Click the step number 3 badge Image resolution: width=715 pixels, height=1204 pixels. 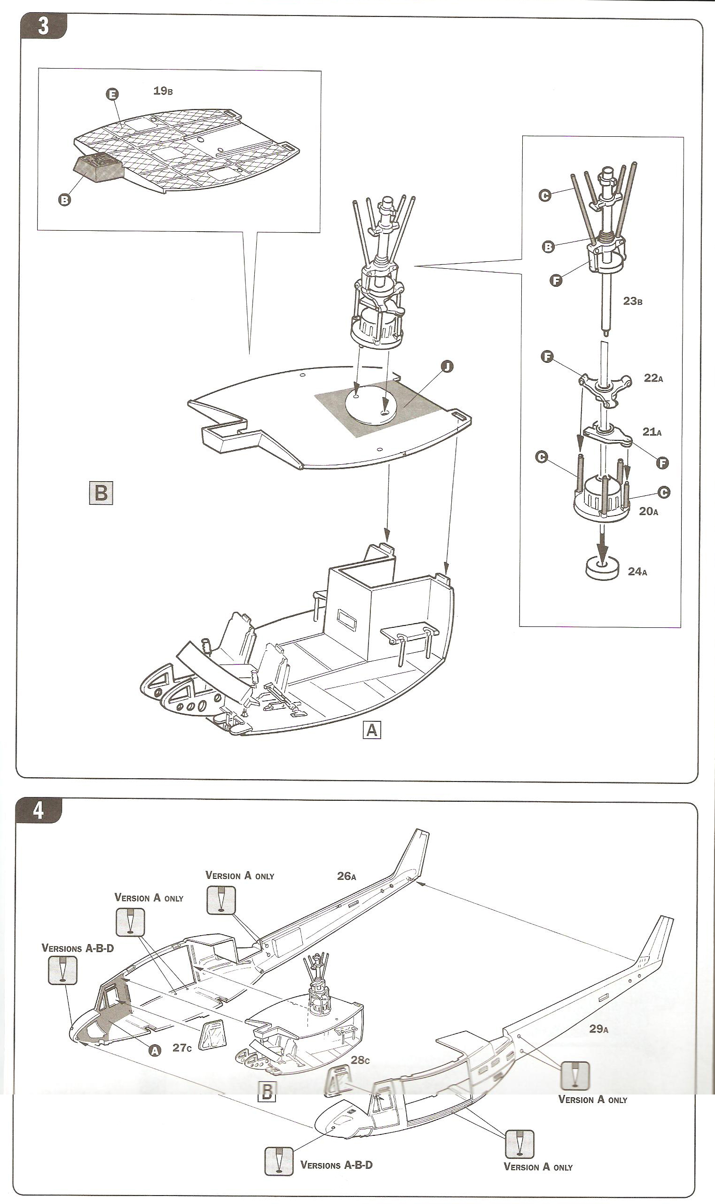point(43,26)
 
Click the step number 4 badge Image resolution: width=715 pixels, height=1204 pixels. point(39,810)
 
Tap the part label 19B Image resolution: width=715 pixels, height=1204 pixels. point(163,91)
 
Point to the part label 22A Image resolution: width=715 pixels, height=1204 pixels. point(653,378)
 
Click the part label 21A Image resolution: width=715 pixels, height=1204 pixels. point(652,431)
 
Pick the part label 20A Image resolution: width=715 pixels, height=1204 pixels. point(649,511)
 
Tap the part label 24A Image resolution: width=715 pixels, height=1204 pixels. point(637,571)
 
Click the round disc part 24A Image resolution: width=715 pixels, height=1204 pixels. point(602,569)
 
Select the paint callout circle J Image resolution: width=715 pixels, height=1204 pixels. point(447,367)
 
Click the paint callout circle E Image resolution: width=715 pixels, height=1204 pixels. point(112,94)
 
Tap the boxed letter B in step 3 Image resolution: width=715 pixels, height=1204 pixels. point(101,493)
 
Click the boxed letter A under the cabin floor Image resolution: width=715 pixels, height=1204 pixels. point(371,731)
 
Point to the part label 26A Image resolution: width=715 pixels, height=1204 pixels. point(346,876)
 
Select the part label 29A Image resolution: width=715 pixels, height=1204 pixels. point(599,1029)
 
